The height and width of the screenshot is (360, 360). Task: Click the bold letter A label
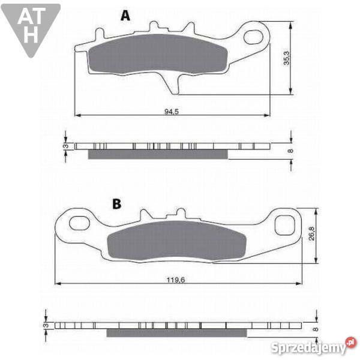point(125,16)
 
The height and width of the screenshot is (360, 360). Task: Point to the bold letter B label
point(116,204)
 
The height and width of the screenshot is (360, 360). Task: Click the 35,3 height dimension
point(286,59)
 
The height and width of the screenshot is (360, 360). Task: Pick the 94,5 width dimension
point(172,111)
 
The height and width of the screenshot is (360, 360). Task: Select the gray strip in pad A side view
point(158,155)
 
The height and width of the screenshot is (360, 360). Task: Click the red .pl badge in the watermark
point(350,344)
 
